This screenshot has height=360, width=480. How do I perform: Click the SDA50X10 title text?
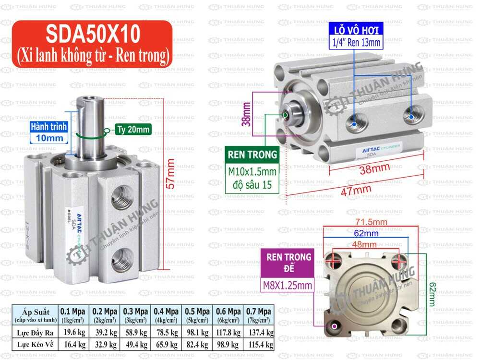tap(93, 35)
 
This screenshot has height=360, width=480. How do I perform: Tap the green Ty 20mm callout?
tap(133, 129)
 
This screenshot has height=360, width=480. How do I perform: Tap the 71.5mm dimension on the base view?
tap(371, 222)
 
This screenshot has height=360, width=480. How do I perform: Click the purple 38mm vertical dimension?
tap(247, 114)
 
